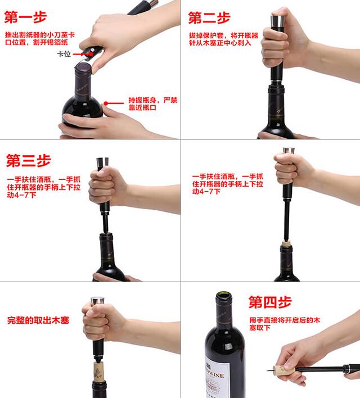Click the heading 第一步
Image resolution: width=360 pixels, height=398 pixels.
pyautogui.click(x=26, y=17)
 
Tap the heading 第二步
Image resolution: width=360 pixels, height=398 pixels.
pyautogui.click(x=209, y=18)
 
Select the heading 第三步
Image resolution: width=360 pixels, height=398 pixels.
pyautogui.click(x=29, y=161)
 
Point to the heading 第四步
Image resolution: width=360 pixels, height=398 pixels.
pyautogui.click(x=270, y=302)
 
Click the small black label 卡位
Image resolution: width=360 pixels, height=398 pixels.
pyautogui.click(x=64, y=54)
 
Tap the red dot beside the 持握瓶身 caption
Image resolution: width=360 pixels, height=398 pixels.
pyautogui.click(x=106, y=103)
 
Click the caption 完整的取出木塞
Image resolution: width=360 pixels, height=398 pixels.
pyautogui.click(x=38, y=320)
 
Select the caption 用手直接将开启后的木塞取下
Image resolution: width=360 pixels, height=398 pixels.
pyautogui.click(x=285, y=324)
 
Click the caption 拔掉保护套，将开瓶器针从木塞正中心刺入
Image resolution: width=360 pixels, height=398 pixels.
pyautogui.click(x=223, y=39)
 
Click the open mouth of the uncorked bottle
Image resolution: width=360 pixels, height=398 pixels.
pyautogui.click(x=223, y=295)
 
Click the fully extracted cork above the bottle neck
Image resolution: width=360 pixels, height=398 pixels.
pyautogui.click(x=97, y=372)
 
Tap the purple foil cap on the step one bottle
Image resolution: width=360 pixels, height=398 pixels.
pyautogui.click(x=83, y=69)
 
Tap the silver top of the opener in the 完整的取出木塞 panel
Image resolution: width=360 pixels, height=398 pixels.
pyautogui.click(x=97, y=300)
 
